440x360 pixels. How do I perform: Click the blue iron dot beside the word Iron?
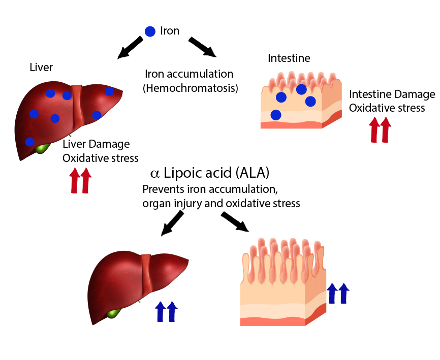[150, 31]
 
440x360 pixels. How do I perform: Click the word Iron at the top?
[170, 31]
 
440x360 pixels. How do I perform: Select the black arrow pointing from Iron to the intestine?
[202, 47]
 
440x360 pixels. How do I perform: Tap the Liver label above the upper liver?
[41, 68]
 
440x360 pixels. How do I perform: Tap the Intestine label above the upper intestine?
[289, 58]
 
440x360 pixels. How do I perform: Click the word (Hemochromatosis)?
[190, 88]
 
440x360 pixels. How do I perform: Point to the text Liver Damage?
[96, 145]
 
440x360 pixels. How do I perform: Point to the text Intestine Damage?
[392, 94]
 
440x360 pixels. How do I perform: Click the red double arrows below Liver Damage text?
[80, 181]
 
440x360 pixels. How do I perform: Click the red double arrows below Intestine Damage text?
[379, 129]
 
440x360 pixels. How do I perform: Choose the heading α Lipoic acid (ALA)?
[210, 173]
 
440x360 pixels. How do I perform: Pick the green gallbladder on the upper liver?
[41, 149]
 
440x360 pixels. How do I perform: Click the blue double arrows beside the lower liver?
[166, 311]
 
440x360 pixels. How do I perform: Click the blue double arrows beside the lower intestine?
[338, 293]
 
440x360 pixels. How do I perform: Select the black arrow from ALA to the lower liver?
[172, 223]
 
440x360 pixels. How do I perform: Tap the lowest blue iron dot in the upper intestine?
[275, 115]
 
